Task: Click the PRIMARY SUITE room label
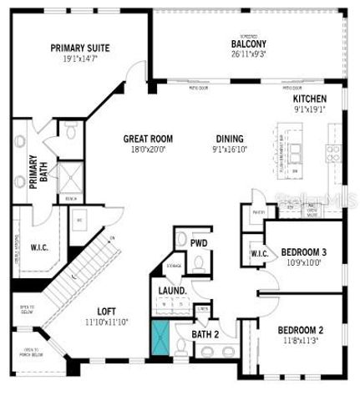coord(79,48)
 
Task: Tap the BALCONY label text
coord(248,43)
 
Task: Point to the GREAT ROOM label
coord(150,139)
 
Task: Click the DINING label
coord(229,139)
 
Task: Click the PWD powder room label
coord(199,244)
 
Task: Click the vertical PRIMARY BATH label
coord(34,171)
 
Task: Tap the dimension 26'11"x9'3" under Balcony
coord(248,54)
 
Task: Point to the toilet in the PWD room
coord(198,262)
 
